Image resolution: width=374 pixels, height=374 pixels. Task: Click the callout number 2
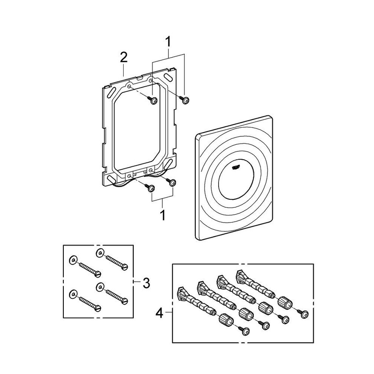124,57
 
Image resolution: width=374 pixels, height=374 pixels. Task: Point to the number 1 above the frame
168,42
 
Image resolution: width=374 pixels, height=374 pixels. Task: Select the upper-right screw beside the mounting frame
186,101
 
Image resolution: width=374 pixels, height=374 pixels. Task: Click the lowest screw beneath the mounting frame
151,188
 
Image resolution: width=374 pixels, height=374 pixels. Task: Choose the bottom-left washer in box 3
73,294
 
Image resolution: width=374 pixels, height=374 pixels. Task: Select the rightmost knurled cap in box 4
286,303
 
